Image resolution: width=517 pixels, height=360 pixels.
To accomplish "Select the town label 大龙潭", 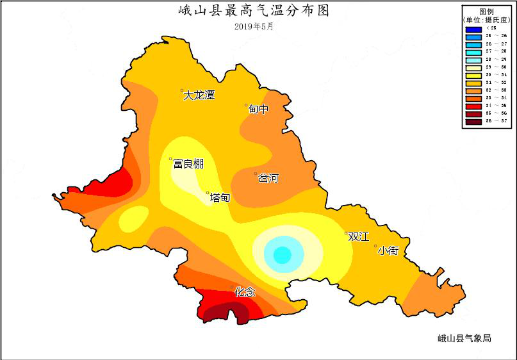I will [x=199, y=95].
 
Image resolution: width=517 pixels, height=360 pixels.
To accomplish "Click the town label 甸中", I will [x=258, y=110].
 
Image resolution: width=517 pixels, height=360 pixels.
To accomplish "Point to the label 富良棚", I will [x=188, y=164].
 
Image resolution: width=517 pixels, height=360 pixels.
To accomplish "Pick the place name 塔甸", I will [x=220, y=198].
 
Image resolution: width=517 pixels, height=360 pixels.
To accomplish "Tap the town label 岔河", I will [x=268, y=179].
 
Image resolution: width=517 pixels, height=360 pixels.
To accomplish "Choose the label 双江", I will [x=358, y=236].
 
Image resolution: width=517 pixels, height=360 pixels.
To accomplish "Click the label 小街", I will [x=388, y=250].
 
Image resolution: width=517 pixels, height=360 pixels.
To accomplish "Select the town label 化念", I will [x=244, y=292].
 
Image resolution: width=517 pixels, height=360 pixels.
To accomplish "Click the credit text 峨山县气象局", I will [x=464, y=338].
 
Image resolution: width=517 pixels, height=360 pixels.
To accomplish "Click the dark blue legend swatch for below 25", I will [x=474, y=29].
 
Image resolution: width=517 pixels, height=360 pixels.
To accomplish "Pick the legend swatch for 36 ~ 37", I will [x=474, y=120].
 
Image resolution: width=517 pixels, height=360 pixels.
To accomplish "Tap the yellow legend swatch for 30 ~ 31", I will [x=474, y=74].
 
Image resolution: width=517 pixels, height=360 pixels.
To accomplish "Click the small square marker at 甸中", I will [x=246, y=106].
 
